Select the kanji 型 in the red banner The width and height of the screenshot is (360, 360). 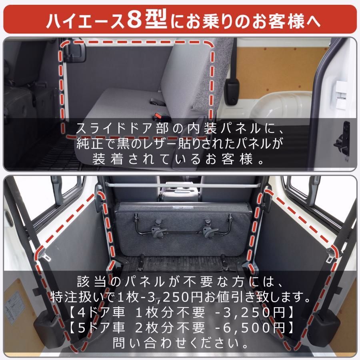click(x=158, y=20)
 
